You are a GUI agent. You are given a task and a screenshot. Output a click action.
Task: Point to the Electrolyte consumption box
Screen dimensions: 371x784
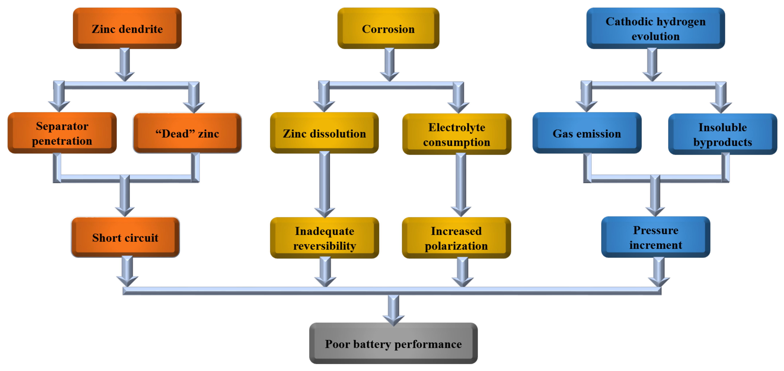pyautogui.click(x=457, y=134)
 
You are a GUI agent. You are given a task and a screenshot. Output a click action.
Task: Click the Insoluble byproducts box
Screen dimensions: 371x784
pyautogui.click(x=722, y=134)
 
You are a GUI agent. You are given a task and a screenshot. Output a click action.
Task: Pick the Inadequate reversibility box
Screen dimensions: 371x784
pyautogui.click(x=324, y=238)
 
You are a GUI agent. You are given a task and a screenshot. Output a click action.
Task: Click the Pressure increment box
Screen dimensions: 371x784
pyautogui.click(x=655, y=237)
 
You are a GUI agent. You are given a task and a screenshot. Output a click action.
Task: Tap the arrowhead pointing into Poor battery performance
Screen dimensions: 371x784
pyautogui.click(x=394, y=318)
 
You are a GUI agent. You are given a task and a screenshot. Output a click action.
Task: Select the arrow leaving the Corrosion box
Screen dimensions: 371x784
pyautogui.click(x=390, y=64)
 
